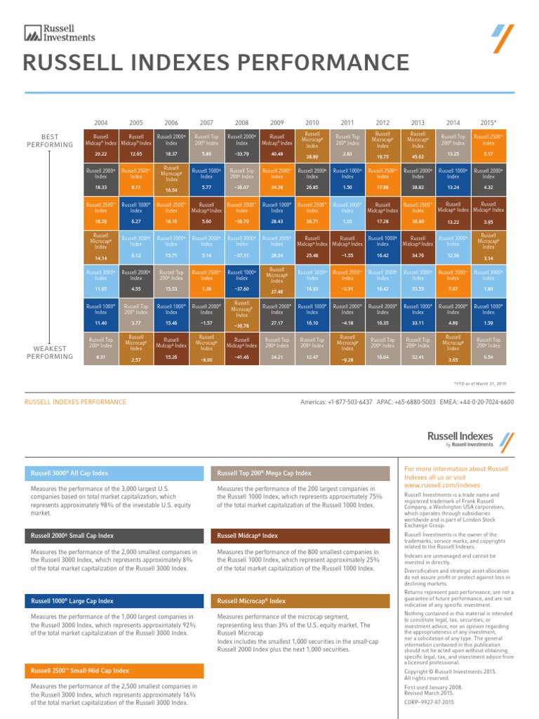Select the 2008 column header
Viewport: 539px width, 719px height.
(x=241, y=121)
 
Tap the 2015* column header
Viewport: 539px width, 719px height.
(x=488, y=121)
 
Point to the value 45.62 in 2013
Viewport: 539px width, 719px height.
(x=418, y=157)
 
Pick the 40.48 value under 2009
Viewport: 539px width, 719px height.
(x=277, y=153)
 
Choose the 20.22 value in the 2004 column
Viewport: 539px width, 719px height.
(x=100, y=153)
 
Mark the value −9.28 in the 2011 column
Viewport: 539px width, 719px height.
(x=347, y=360)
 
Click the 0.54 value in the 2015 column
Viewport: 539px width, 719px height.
(x=488, y=357)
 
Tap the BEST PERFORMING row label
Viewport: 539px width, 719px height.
(x=49, y=140)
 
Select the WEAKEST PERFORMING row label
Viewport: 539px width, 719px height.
(x=49, y=352)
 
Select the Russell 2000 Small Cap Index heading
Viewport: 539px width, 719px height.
(x=73, y=536)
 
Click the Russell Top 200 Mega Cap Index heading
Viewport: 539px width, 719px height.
(x=265, y=473)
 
